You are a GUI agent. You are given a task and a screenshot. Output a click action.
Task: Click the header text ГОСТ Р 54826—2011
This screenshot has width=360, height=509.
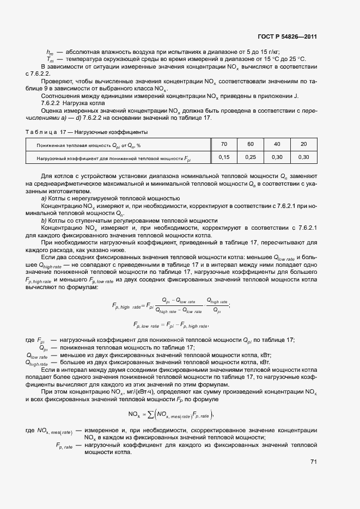coord(288,37)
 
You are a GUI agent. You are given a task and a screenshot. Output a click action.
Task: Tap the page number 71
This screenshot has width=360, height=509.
coord(313,462)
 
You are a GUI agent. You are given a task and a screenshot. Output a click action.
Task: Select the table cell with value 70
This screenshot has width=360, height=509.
coord(224,144)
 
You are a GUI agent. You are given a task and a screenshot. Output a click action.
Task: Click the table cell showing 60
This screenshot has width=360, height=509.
coord(251,144)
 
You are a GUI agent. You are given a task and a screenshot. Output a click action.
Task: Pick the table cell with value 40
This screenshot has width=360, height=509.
coord(277,144)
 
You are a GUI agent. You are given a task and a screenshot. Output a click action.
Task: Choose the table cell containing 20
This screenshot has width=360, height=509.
coord(303,144)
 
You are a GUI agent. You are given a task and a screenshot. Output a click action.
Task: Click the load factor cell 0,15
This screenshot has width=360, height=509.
coord(224,157)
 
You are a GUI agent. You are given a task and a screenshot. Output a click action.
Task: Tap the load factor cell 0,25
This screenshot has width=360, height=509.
coord(251,157)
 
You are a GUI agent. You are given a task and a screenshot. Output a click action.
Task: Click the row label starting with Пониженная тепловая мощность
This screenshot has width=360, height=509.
coord(88,145)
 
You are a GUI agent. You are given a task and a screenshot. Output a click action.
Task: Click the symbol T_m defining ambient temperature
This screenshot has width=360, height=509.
coord(50,59)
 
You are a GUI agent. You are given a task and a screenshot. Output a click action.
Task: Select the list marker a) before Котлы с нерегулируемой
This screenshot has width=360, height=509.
coord(44,198)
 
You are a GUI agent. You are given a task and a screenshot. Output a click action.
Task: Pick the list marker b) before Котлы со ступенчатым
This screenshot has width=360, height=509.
coord(44,220)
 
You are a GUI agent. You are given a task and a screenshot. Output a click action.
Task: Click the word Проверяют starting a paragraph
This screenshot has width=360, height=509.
coord(57,81)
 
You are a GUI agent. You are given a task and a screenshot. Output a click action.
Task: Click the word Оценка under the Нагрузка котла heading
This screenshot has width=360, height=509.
coord(52,110)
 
